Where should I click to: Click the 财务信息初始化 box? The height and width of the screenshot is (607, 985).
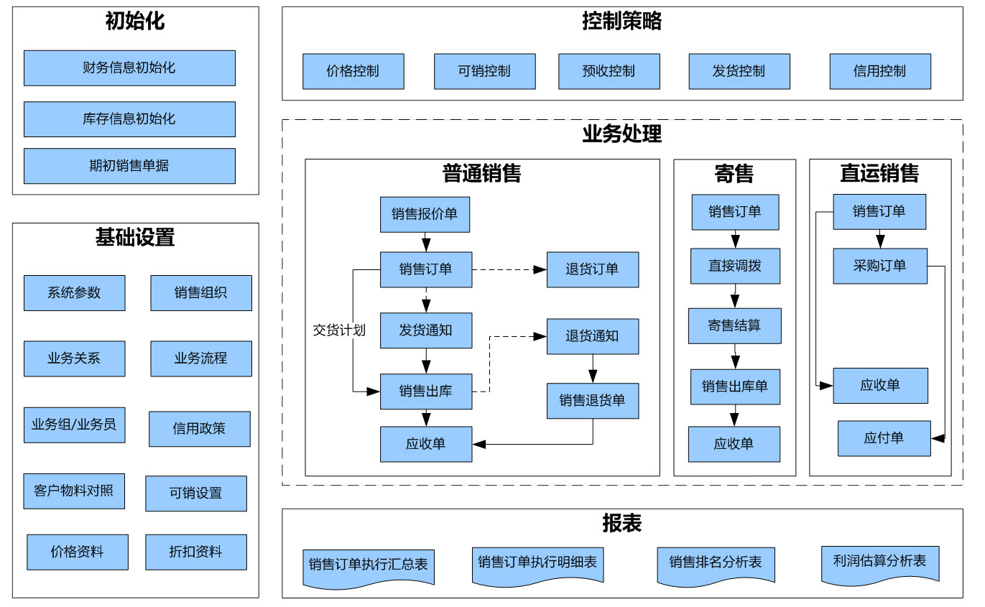click(x=130, y=68)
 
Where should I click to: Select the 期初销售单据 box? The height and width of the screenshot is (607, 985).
click(x=130, y=166)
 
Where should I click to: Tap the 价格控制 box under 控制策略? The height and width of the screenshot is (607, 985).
click(x=353, y=71)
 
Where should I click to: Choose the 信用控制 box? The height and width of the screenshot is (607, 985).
click(x=880, y=71)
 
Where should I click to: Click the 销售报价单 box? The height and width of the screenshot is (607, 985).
click(x=425, y=215)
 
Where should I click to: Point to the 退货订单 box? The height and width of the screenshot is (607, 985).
click(x=593, y=269)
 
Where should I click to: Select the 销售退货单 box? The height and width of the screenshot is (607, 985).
click(x=593, y=401)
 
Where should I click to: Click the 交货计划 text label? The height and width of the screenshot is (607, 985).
click(x=339, y=330)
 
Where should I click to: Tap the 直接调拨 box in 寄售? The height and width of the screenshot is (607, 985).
click(x=735, y=266)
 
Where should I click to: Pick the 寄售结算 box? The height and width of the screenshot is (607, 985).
click(x=735, y=325)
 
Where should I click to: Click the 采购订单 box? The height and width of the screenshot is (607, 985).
click(x=880, y=266)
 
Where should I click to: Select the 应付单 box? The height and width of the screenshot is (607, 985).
click(x=884, y=438)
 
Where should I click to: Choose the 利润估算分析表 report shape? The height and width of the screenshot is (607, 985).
click(x=880, y=565)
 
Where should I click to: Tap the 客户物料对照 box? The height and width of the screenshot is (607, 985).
click(x=74, y=491)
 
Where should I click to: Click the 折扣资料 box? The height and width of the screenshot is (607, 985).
click(x=196, y=552)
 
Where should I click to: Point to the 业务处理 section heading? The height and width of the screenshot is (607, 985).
click(x=621, y=134)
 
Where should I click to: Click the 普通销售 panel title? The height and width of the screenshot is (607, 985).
click(x=481, y=173)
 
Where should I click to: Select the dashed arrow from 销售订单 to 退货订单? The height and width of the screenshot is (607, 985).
click(x=509, y=269)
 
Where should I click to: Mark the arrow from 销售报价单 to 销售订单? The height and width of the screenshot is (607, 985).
click(x=426, y=242)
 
